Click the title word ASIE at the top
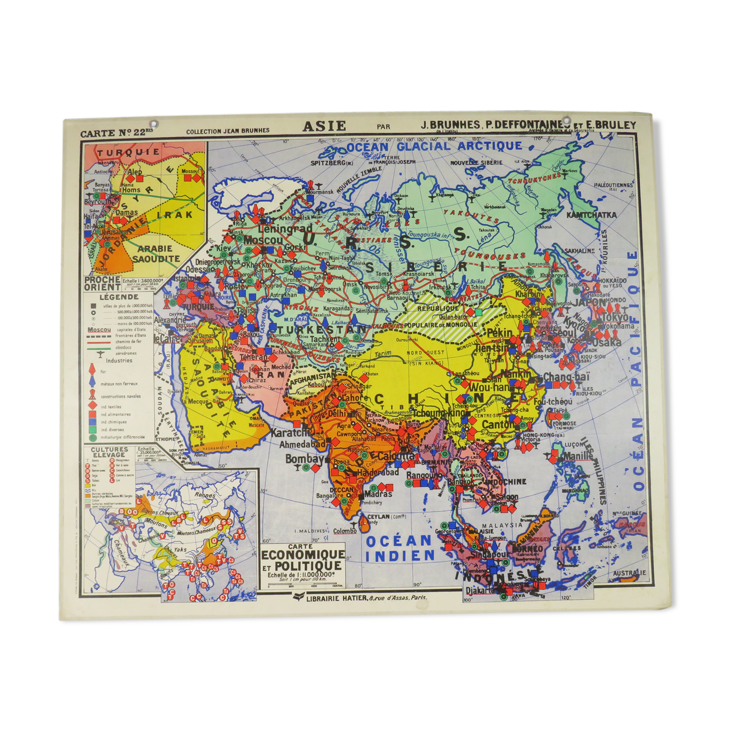324,125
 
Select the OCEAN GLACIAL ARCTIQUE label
434,147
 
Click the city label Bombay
304,459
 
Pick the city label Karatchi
289,432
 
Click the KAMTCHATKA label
591,215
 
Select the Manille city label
577,457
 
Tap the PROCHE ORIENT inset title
102,283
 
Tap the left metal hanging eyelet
154,124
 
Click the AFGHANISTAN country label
312,376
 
